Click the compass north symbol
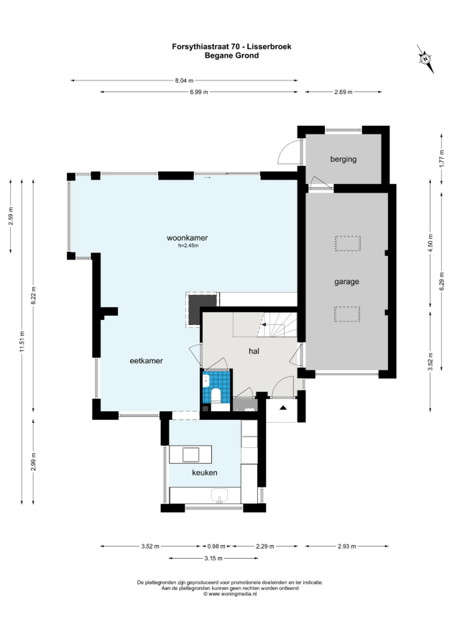tap(425, 59)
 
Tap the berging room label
tap(343, 159)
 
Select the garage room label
tap(347, 282)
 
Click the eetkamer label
tap(146, 361)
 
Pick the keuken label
tap(204, 472)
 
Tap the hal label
tap(254, 351)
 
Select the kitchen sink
tap(221, 495)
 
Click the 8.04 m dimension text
tap(185, 81)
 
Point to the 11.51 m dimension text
tap(22, 341)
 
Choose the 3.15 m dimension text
tap(213, 558)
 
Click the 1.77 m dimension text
tap(441, 158)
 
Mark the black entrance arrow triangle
tap(282, 407)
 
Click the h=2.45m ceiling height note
tap(188, 246)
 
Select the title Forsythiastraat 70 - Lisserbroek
tap(231, 47)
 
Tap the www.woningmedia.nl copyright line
tap(230, 594)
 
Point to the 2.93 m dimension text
tap(347, 546)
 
